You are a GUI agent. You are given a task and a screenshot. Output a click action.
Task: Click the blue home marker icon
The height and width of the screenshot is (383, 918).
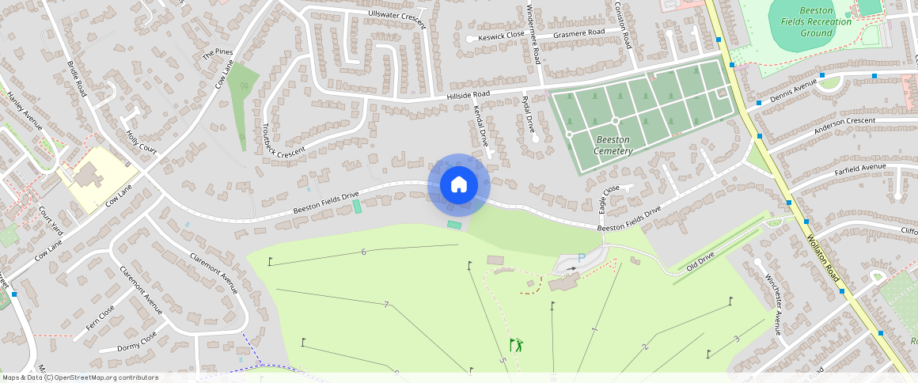coord(459,184)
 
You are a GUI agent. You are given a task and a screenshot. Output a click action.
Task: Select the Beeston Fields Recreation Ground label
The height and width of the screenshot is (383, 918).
coord(816,22)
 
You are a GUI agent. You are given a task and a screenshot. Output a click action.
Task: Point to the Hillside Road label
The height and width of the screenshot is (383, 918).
coord(468,94)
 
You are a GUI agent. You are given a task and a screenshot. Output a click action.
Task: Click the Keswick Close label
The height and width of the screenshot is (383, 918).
coord(501,36)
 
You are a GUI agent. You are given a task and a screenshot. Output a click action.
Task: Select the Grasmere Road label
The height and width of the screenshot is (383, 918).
coord(578,33)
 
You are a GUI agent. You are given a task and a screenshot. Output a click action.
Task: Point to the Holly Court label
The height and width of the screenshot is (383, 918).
coord(142,142)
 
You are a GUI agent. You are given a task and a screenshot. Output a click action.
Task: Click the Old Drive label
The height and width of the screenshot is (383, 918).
coord(700,261)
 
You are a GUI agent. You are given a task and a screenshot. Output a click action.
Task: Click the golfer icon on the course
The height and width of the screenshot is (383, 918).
coord(516,344)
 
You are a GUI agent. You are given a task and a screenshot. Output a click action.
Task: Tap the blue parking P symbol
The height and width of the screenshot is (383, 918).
coord(582,257)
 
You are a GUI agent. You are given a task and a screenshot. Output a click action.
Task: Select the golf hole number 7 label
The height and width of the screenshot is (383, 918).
coord(385,305)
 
